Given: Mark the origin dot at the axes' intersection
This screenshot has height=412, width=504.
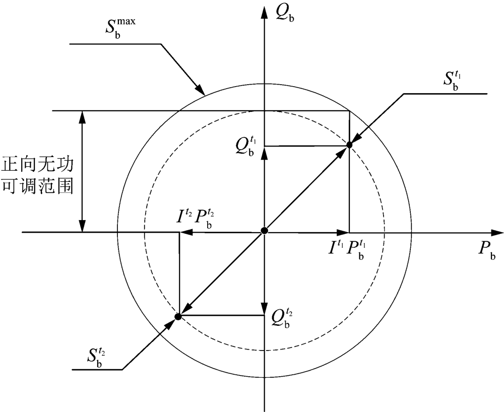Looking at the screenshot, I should tap(264, 231).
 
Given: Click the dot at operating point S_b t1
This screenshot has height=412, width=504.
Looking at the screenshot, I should tap(349, 145).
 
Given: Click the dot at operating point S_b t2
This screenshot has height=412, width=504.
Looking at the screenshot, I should tap(178, 316).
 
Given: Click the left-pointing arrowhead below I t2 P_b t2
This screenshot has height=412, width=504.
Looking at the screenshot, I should tap(185, 232).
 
